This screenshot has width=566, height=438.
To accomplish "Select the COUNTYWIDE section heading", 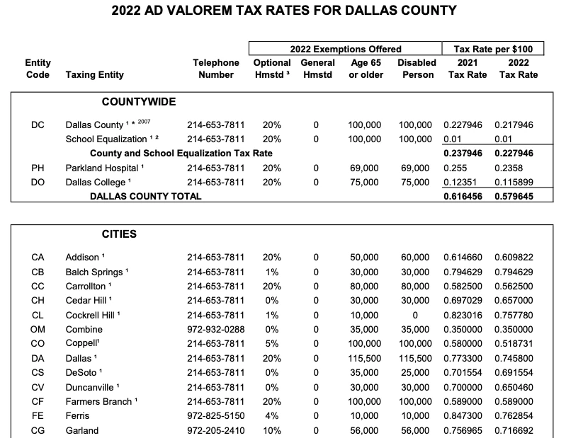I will (139, 102).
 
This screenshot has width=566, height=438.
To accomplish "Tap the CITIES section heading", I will (119, 234).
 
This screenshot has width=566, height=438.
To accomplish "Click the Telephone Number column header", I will (216, 69).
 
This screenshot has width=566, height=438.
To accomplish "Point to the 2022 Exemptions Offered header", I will (346, 49).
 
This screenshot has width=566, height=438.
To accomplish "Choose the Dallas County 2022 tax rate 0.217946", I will (514, 125).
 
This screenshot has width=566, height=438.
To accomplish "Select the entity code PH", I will (38, 168).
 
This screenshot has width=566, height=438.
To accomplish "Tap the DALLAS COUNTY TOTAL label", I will (141, 196).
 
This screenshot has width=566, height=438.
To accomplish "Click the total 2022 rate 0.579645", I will (514, 196).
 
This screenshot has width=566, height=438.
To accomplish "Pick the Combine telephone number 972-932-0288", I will (215, 329).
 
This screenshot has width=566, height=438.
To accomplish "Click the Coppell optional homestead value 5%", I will (271, 344).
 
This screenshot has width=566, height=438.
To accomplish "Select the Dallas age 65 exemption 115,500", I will (365, 358).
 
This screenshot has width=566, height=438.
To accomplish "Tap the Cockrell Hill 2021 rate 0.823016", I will (463, 315).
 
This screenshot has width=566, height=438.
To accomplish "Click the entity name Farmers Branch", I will (98, 401).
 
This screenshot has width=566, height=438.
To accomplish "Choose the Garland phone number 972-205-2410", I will (215, 430).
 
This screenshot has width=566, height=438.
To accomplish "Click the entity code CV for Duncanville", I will (38, 387).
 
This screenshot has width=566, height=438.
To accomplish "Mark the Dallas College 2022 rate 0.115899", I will (514, 183).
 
